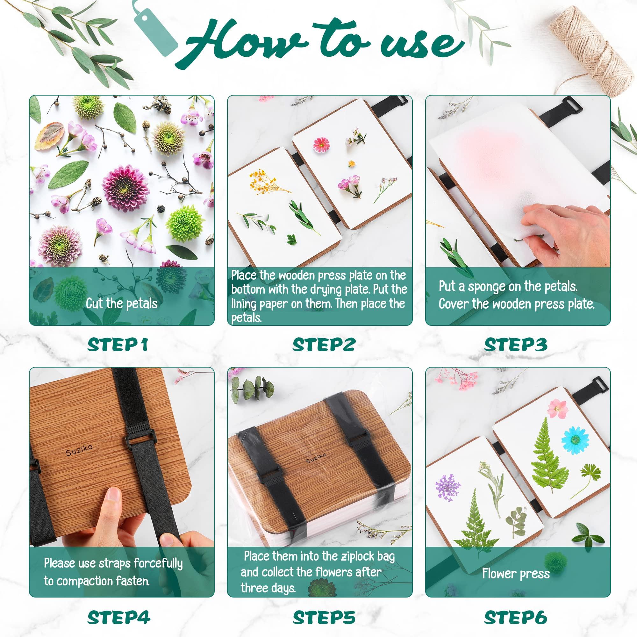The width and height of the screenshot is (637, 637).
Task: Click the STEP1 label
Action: [118, 345]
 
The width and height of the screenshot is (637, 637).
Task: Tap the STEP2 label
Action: [324, 345]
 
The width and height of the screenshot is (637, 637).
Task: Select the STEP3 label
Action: [516, 345]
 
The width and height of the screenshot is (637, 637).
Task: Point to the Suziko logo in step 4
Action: [79, 450]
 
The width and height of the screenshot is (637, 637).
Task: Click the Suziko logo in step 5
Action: [316, 458]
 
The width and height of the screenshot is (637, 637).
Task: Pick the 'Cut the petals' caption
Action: [122, 303]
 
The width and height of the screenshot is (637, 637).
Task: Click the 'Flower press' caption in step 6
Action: [516, 574]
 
